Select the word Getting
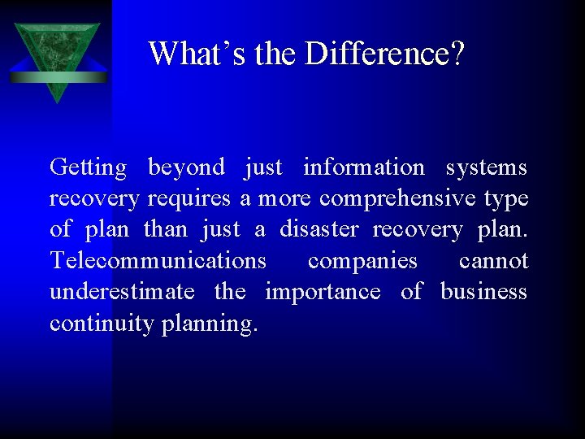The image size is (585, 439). click(88, 168)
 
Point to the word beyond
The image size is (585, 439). click(186, 168)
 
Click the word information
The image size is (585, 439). click(363, 167)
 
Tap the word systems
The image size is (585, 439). click(486, 167)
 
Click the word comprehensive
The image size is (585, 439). click(397, 199)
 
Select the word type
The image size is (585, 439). click(506, 199)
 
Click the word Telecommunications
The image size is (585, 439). click(158, 261)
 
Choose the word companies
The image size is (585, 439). click(362, 262)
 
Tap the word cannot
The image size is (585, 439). click(493, 261)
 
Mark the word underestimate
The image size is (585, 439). click(122, 292)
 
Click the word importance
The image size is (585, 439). click(323, 293)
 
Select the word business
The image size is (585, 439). click(483, 292)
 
